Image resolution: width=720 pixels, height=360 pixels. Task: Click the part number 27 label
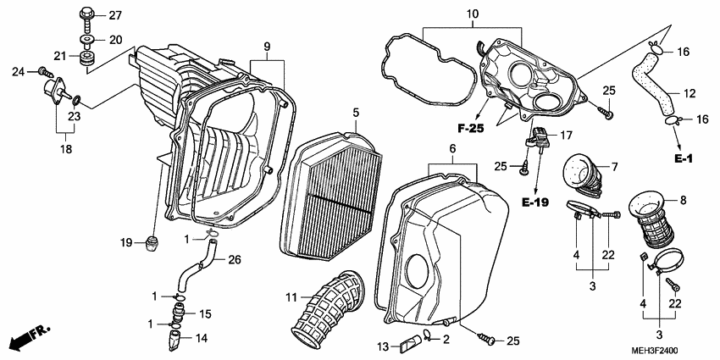(115, 15)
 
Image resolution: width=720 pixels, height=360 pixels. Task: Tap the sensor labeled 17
(540, 135)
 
